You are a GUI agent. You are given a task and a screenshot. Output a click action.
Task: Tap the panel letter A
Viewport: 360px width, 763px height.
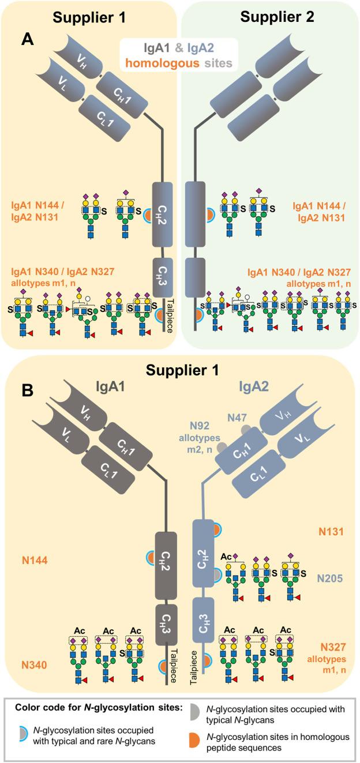click(x=28, y=39)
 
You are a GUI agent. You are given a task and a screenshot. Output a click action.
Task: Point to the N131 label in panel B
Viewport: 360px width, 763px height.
click(x=329, y=529)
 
